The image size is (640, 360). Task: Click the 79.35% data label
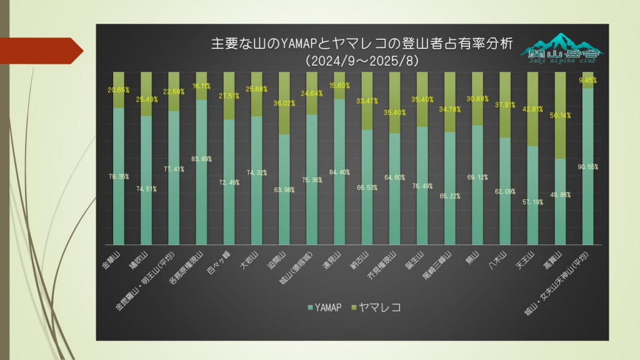click(x=119, y=177)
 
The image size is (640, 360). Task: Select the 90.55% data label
click(x=589, y=167)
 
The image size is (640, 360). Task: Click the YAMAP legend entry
click(x=324, y=307)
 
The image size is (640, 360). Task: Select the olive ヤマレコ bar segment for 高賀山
click(x=560, y=116)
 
